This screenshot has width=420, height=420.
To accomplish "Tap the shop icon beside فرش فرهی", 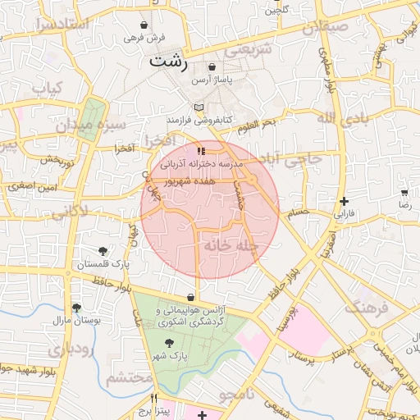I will coord(145,25).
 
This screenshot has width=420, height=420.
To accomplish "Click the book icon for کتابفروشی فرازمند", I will coord(198,107).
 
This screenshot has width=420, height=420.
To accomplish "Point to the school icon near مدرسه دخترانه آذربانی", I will coord(201,151).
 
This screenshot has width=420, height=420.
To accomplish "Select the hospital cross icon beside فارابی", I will coord(344,200).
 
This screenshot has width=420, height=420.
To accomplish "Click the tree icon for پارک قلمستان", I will coord(103,251).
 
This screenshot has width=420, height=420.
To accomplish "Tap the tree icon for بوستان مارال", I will coord(76,308).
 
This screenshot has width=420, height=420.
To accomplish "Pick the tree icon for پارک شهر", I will coord(169,344).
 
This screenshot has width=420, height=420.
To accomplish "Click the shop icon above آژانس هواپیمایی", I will coord(191,297).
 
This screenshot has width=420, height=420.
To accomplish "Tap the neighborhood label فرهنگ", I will coord(364,308).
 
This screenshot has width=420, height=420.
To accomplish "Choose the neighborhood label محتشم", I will coord(130,378).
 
